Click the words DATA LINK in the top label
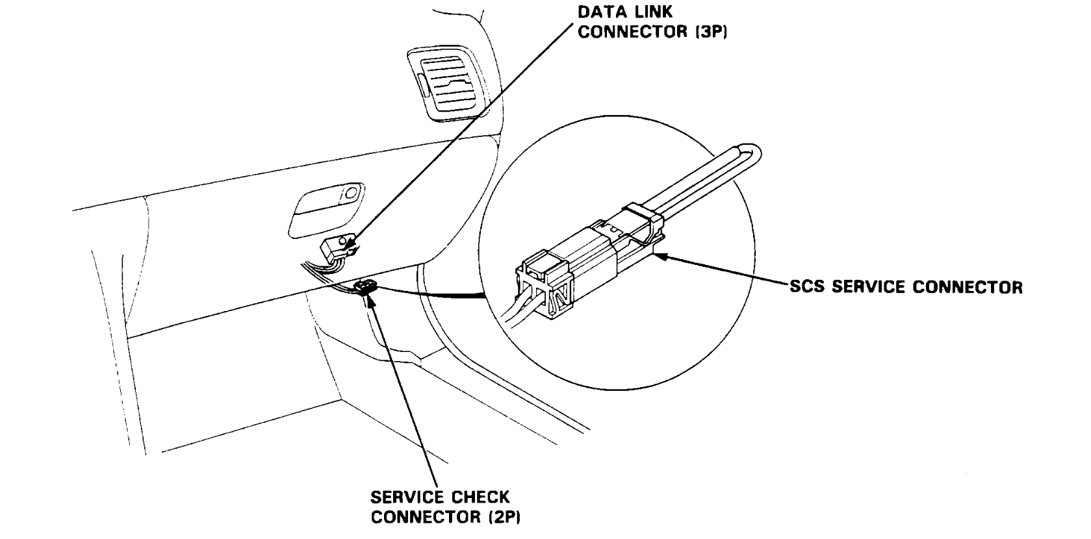(x=616, y=12)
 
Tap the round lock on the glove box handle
(x=352, y=192)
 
